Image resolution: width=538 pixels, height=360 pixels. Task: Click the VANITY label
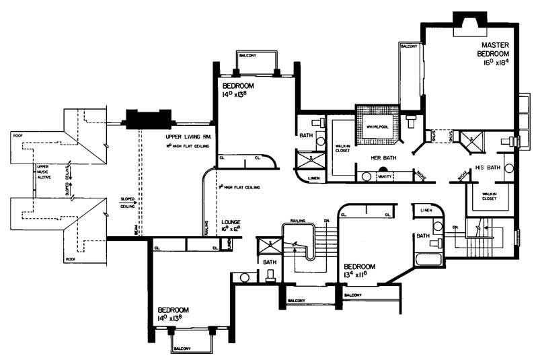[385, 176]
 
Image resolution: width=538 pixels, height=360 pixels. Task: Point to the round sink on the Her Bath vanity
[366, 176]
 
